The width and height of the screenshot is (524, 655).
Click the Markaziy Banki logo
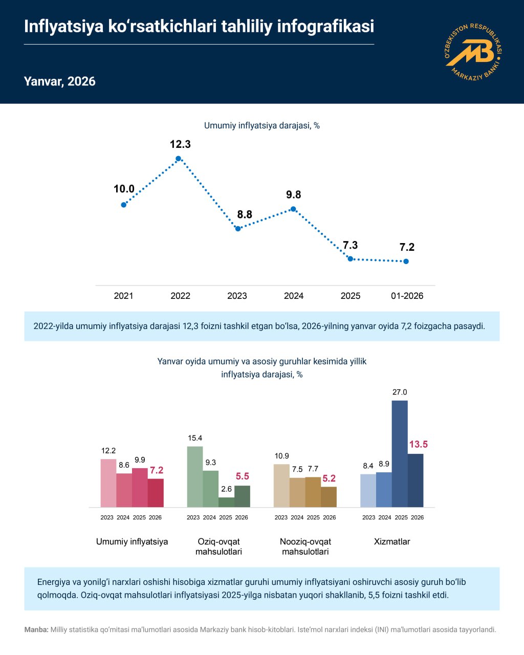click(473, 52)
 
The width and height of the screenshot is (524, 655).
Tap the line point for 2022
click(178, 159)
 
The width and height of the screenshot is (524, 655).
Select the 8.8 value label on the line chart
click(245, 214)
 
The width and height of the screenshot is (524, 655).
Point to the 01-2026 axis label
click(407, 296)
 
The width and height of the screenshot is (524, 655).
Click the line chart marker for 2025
click(350, 259)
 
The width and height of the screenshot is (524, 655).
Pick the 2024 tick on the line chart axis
click(294, 296)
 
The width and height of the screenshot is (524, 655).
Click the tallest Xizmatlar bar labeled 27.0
click(400, 453)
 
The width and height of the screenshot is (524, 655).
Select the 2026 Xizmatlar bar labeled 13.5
click(416, 480)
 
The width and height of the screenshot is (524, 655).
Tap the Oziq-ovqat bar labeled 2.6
click(226, 502)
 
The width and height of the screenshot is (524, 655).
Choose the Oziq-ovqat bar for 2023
click(195, 476)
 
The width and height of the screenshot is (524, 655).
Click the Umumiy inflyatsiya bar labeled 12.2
click(108, 483)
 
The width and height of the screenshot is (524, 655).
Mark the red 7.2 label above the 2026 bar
click(157, 470)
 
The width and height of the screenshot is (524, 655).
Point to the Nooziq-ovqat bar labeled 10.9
click(281, 485)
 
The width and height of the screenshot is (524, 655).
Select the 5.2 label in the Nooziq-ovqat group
click(329, 478)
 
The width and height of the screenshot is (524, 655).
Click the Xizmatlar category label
click(392, 541)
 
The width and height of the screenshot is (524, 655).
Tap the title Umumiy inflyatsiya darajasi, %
click(261, 125)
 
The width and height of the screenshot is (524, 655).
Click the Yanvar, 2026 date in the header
click(59, 81)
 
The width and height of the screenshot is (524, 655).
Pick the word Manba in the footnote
click(36, 630)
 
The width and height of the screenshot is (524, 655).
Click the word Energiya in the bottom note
click(54, 582)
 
